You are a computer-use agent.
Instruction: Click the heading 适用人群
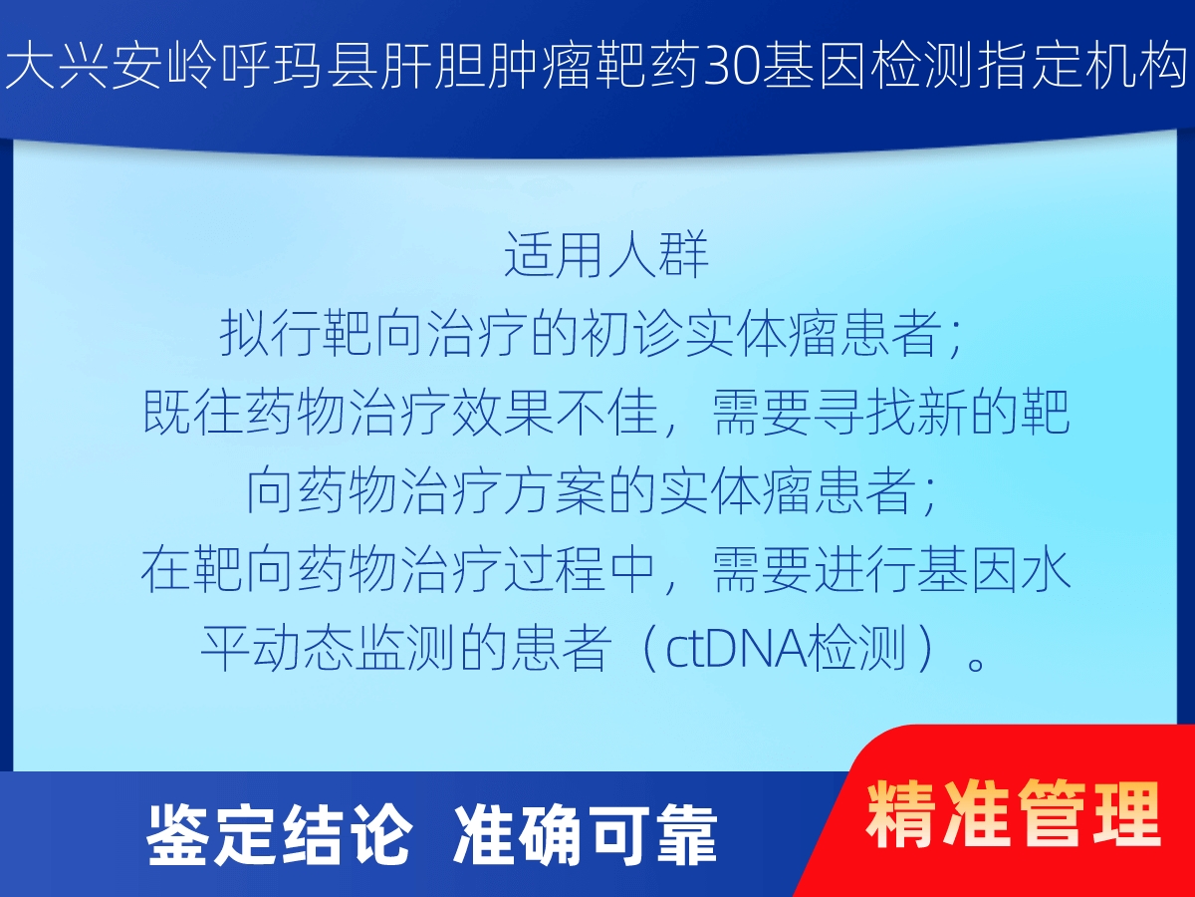pyautogui.click(x=606, y=254)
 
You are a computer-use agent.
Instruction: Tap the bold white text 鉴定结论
pyautogui.click(x=279, y=835)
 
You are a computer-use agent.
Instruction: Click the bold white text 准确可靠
pyautogui.click(x=586, y=835)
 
